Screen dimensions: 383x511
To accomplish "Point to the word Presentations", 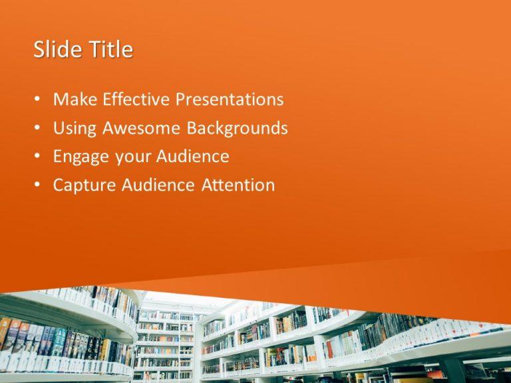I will [x=229, y=100].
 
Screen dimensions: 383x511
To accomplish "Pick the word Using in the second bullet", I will [x=72, y=128].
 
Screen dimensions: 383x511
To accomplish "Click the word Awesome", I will [x=138, y=128].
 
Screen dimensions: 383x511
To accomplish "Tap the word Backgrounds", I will [x=237, y=128].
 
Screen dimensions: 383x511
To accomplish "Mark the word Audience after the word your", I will [x=192, y=157].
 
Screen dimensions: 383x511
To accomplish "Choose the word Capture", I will [x=85, y=186].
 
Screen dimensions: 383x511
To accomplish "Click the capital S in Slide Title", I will [x=39, y=50].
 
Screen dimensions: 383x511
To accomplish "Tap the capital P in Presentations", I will [x=180, y=100].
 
